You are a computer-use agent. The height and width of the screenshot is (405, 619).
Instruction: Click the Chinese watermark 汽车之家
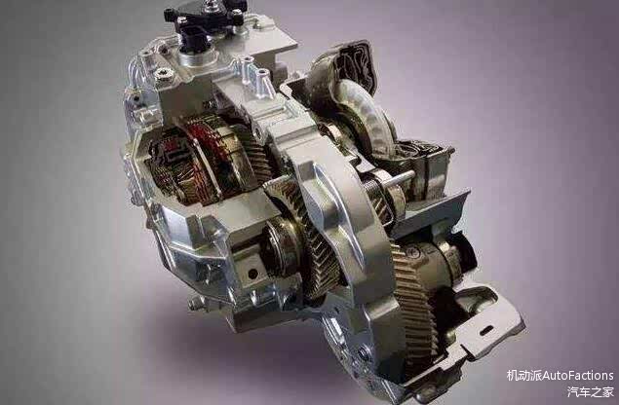click(590, 391)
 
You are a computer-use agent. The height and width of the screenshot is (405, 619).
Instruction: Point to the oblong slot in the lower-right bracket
click(486, 330)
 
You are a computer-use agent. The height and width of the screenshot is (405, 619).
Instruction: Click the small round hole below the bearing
click(252, 274)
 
